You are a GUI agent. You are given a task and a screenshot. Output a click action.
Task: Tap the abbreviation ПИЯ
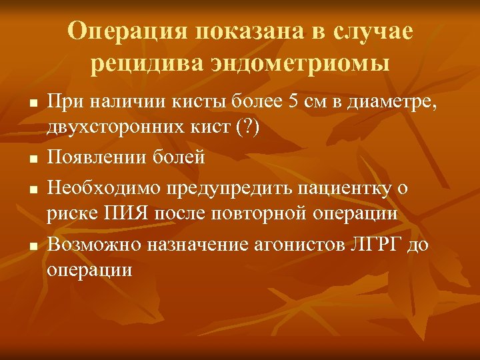[120, 213]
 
